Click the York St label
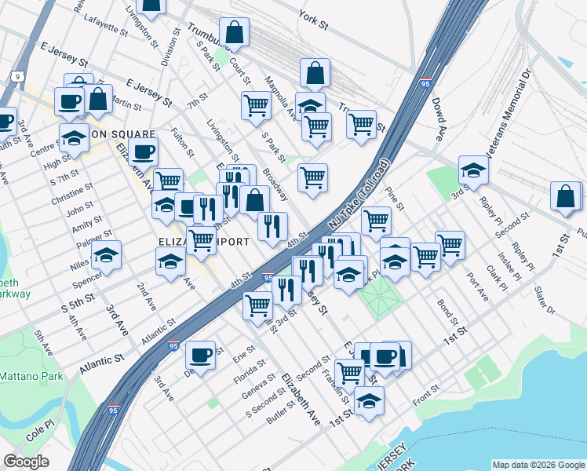click(x=312, y=18)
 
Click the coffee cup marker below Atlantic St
click(x=201, y=355)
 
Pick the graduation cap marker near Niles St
click(x=107, y=255)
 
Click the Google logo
click(x=27, y=462)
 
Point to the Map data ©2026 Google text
click(x=538, y=465)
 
